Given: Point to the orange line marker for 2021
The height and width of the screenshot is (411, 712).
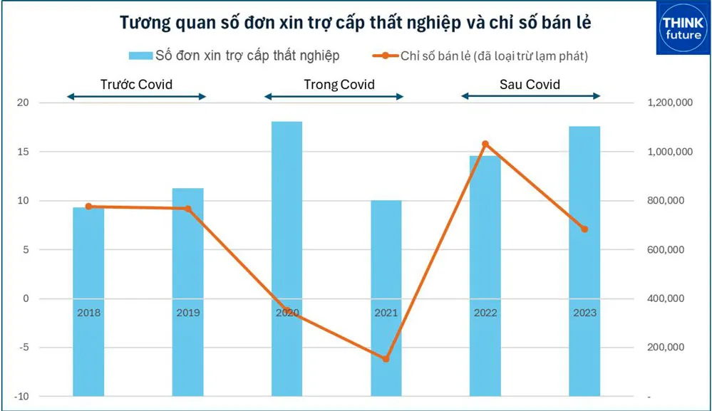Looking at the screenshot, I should click(386, 359).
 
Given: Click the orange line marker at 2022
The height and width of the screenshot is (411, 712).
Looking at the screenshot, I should click(485, 144).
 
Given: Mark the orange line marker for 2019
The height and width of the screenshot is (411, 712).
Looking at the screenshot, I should click(188, 209).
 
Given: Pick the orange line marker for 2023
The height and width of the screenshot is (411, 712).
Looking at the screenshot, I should click(584, 229).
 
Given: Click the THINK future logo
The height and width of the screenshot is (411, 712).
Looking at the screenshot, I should click(683, 28).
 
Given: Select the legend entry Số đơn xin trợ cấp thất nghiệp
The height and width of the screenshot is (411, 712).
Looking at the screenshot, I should click(234, 55).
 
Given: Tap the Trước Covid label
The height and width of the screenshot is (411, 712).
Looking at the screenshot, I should click(136, 85).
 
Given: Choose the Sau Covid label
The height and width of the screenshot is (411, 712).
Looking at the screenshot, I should click(530, 85).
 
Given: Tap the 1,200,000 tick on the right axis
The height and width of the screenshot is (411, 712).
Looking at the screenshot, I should click(671, 103).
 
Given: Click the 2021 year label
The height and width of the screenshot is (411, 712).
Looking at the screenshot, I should click(386, 313).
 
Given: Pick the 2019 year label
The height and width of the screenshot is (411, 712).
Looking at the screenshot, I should click(188, 313).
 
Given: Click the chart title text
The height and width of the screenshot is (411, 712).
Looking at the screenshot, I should click(355, 24).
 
